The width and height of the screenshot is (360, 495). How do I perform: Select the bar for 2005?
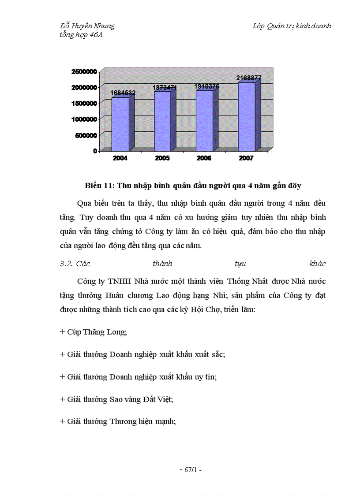pos(162,121)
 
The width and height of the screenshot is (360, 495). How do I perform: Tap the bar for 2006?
pos(204,121)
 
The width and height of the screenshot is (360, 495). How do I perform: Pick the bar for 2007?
pos(247,116)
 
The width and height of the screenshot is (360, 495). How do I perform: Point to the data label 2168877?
pos(249,78)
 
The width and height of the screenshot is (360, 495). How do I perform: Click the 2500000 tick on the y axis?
pos(83,71)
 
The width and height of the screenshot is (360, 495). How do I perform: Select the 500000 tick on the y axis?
pos(85,135)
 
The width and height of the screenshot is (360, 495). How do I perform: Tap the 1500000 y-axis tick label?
pos(83,103)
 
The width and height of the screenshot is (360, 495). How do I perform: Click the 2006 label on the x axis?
pos(204,159)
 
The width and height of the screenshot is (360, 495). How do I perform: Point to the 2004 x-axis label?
pos(120,159)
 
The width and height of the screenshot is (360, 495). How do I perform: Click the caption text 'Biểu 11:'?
pos(100,186)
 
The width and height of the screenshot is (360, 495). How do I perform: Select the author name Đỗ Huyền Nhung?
pos(87,26)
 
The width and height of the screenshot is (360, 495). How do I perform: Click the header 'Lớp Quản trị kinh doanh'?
pos(292,26)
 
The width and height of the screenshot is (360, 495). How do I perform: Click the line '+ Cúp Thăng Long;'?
pos(93,332)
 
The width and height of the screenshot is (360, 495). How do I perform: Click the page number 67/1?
pos(191,470)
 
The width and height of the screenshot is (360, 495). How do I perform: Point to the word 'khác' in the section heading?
pos(318,264)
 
